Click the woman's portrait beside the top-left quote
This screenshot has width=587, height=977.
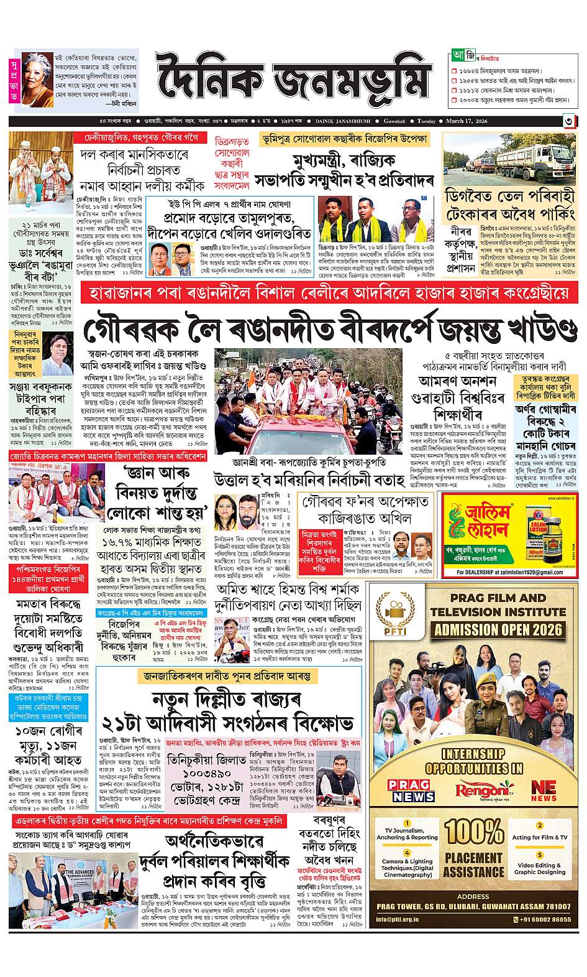pyautogui.click(x=36, y=78)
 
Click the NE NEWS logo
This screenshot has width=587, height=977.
pyautogui.click(x=544, y=790)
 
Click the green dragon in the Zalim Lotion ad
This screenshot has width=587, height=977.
pyautogui.click(x=465, y=523)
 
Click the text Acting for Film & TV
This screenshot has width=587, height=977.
pyautogui.click(x=540, y=837)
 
